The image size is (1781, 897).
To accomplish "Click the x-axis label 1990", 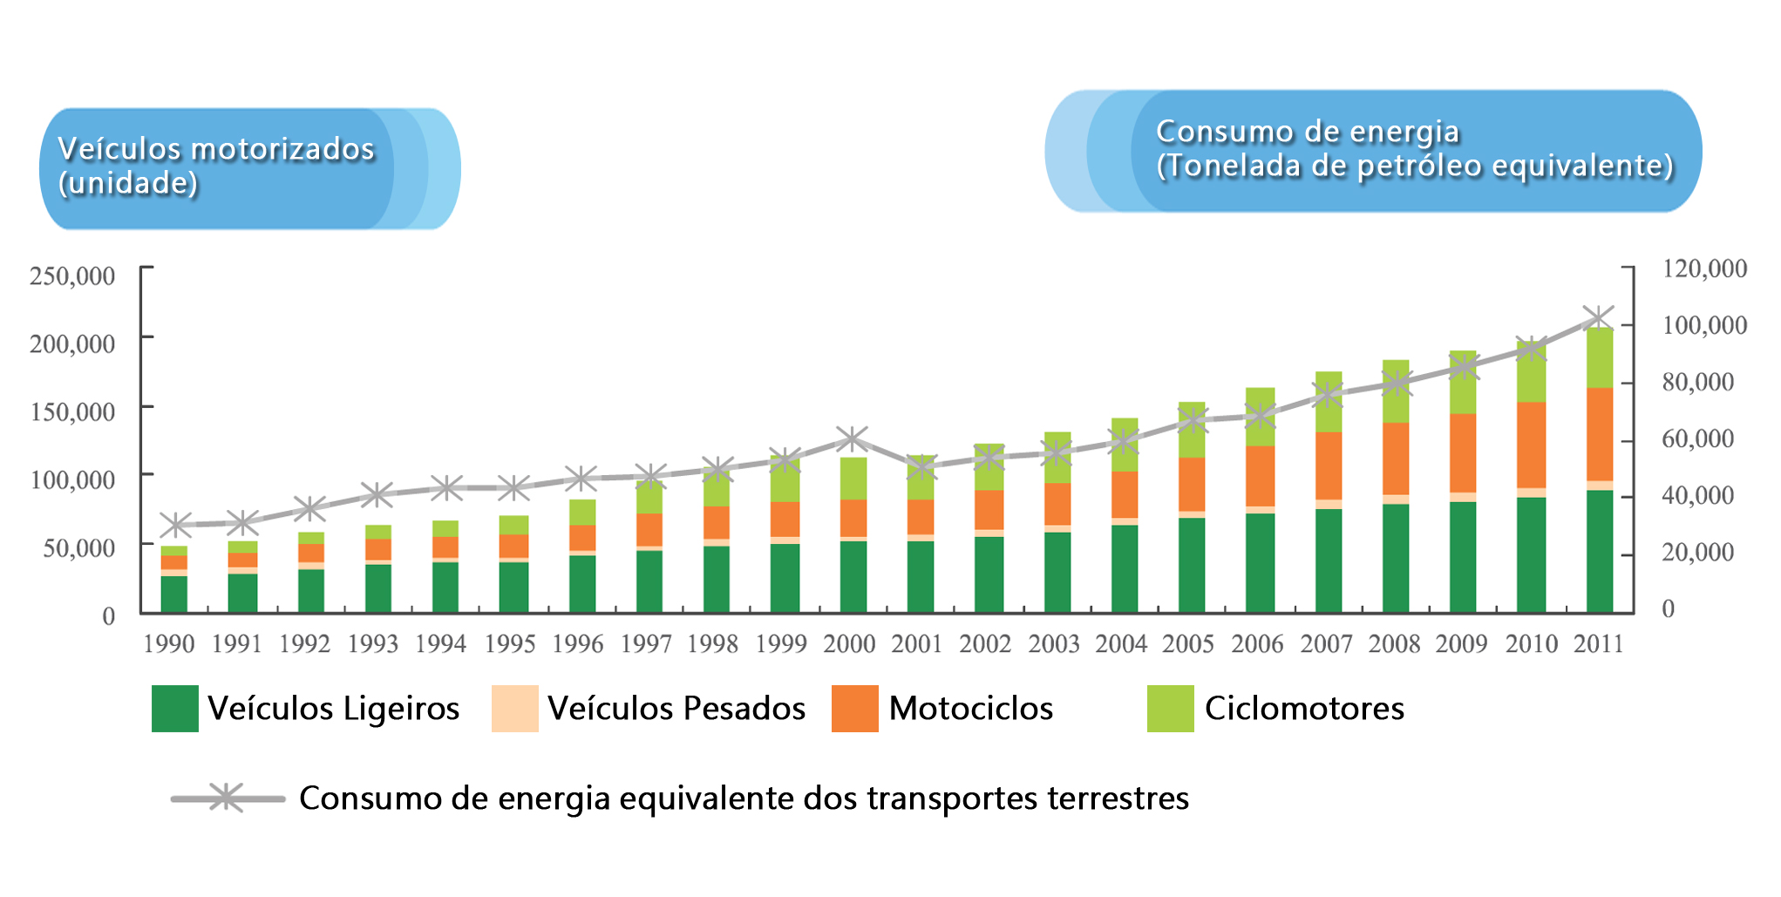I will point(168,644).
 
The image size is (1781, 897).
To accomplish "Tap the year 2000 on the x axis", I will point(849,644).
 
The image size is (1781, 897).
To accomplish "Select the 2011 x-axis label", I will point(1598,644).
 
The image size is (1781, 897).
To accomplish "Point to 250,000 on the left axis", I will point(72,276).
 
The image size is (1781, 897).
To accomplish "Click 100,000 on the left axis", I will point(72,479).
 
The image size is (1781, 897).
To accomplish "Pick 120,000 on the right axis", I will point(1704,268).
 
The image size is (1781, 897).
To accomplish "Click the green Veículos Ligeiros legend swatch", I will point(174,709).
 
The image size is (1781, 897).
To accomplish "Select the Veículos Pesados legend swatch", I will point(514,709).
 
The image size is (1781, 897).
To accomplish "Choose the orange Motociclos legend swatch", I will point(854,709).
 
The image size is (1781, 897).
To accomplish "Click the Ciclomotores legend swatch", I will point(1170,709).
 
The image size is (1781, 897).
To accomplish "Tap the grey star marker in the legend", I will point(227,798).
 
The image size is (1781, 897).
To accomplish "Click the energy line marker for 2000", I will point(852,438).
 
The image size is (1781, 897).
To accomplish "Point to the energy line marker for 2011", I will point(1598,318).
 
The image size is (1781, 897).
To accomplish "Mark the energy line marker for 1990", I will point(175,525).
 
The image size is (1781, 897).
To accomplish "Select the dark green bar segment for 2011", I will point(1599,551).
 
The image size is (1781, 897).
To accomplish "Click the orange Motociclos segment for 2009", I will point(1462,453).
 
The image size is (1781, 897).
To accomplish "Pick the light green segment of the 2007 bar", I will point(1328,402).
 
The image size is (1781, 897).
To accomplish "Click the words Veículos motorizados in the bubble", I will point(216,149).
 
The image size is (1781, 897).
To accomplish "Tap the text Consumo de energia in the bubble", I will point(1307,132).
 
